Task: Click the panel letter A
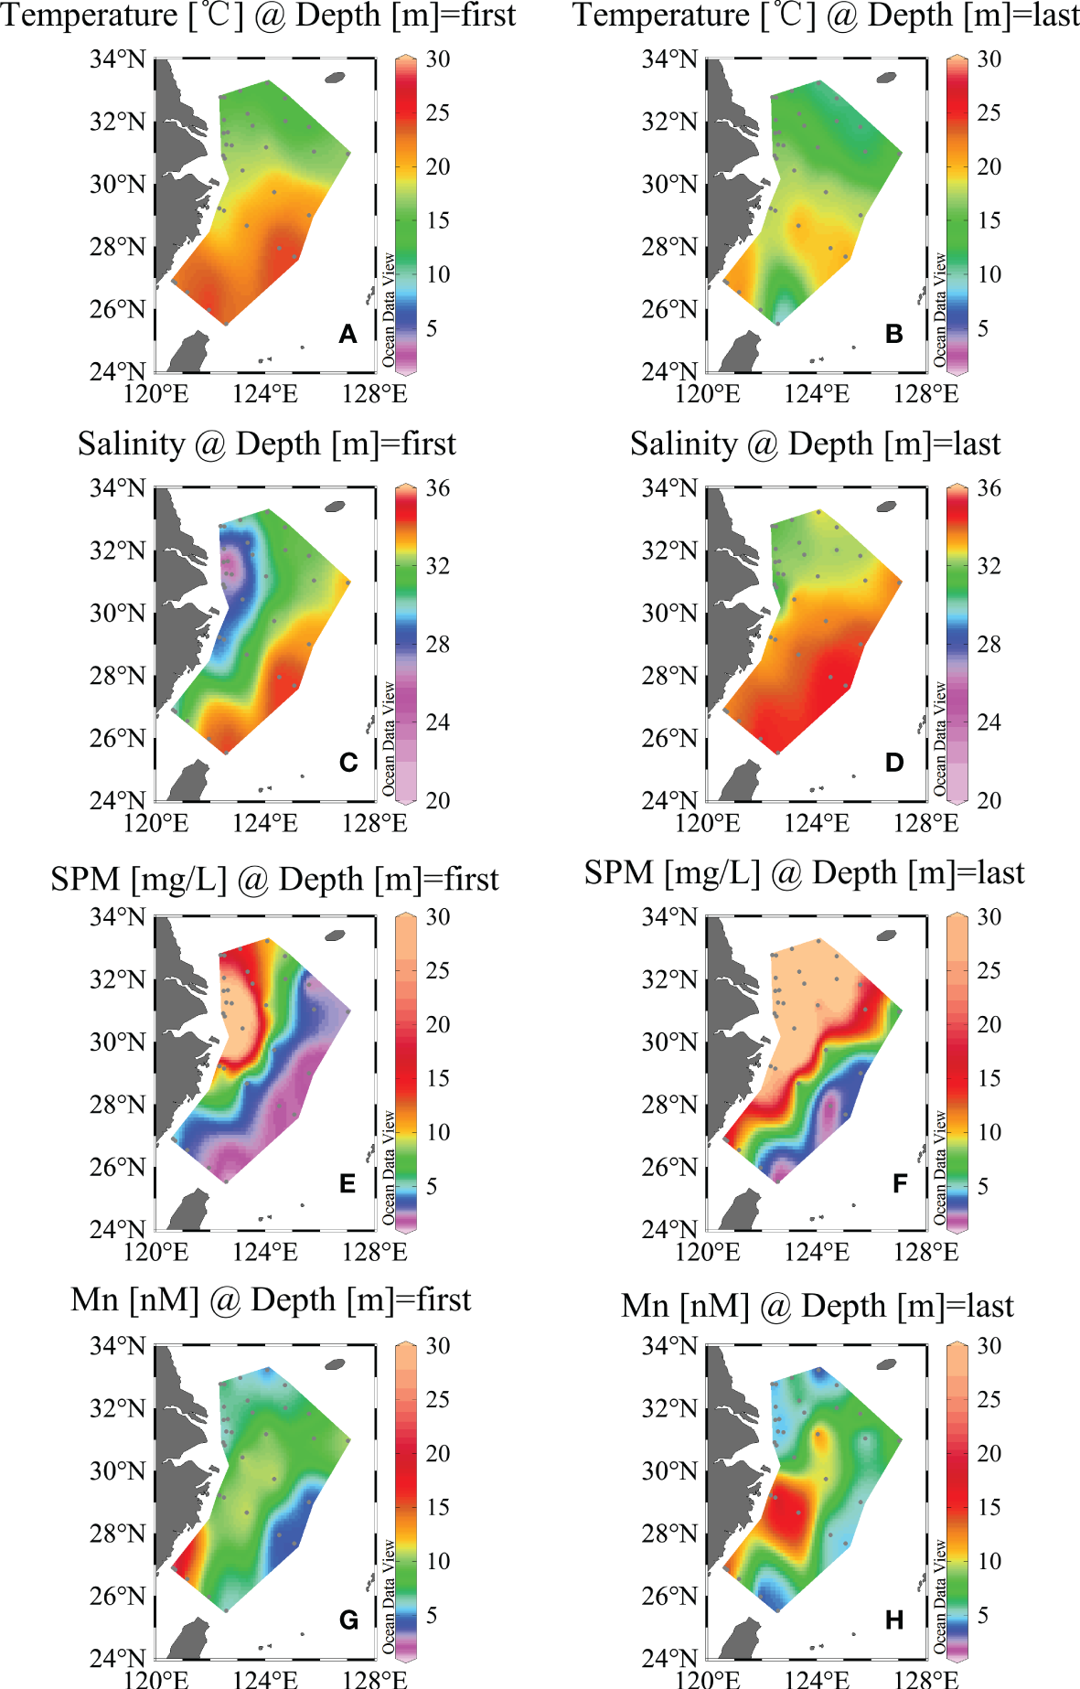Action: [348, 334]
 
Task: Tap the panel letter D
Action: [894, 763]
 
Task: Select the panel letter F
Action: [900, 1184]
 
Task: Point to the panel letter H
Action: [894, 1620]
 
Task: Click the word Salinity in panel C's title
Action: [131, 444]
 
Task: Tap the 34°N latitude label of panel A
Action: [117, 59]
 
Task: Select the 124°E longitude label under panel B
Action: [817, 394]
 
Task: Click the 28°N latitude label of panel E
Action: [117, 1105]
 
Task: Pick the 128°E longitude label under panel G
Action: [374, 1679]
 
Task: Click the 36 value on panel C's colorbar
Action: [438, 488]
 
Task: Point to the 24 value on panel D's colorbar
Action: [989, 722]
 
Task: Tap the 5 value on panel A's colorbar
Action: [432, 328]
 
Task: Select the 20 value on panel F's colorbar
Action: [989, 1024]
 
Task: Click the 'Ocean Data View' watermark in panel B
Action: [939, 311]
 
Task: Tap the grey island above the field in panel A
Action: [336, 78]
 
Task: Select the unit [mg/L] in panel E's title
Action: [178, 880]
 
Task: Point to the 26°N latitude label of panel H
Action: [668, 1596]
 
